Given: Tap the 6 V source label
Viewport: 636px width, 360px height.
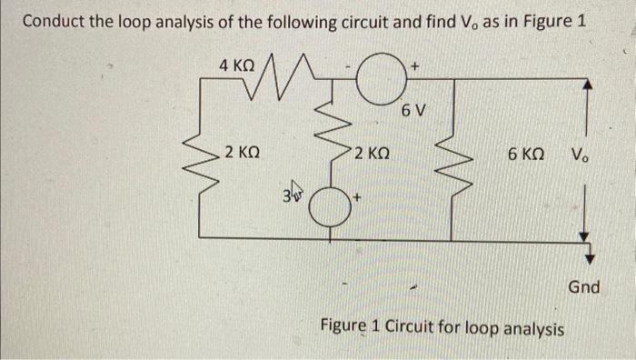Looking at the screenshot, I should pyautogui.click(x=413, y=112).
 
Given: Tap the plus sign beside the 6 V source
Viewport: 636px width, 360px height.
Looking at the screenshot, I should pyautogui.click(x=414, y=66).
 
